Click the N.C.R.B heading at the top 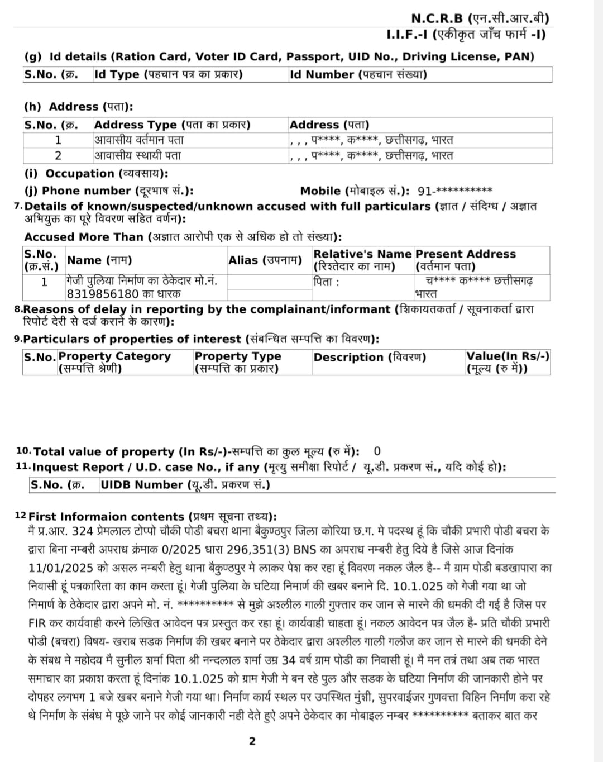coord(480,18)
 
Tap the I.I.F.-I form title coord(466,35)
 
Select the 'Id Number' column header coord(358,74)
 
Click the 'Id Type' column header coord(168,74)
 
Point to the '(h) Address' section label coord(78,107)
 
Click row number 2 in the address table coord(58,155)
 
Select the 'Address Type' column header coord(172,125)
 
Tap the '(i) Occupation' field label coord(95,174)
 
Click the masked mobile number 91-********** coord(455,191)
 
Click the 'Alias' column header coord(265,260)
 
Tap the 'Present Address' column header coord(466,254)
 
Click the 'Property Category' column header coord(114,356)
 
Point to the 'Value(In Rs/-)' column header coord(508,356)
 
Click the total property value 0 coord(377,451)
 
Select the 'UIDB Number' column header coord(185,485)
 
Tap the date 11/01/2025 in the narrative coord(61,568)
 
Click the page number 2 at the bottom coord(252,741)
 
